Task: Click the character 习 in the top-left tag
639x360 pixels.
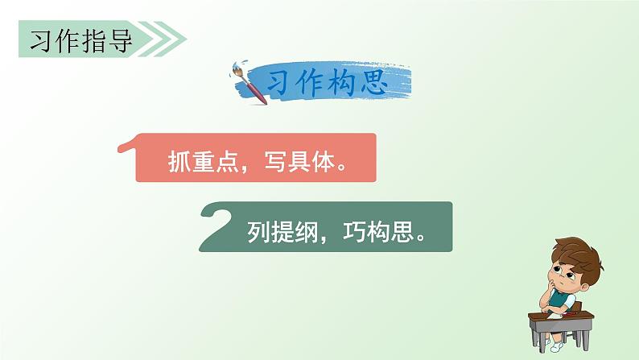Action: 39,39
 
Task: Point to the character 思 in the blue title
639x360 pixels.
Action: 387,82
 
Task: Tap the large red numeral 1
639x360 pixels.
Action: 128,155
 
